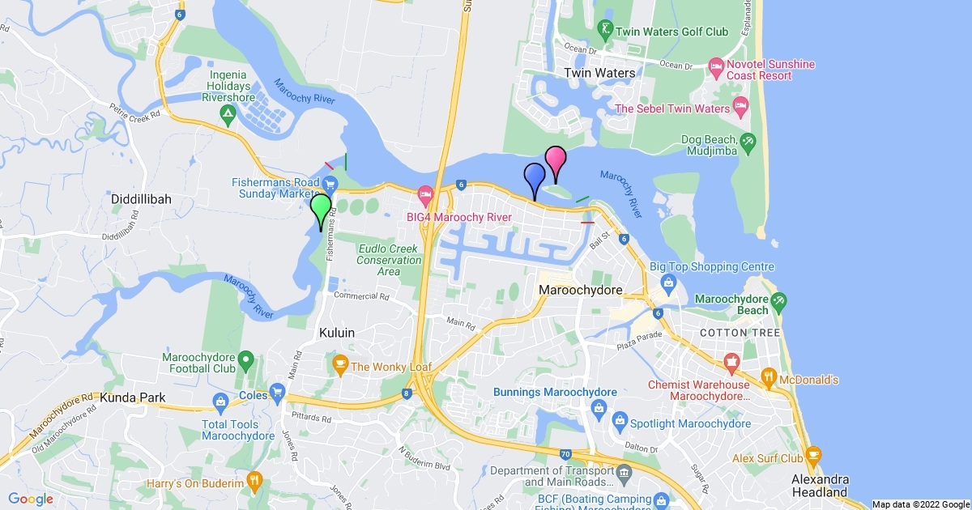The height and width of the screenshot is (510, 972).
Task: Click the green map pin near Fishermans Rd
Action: [x=322, y=208]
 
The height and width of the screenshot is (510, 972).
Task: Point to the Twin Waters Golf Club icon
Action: [x=604, y=32]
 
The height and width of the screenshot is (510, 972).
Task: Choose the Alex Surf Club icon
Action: [x=813, y=453]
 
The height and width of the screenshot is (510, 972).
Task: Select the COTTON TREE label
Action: [x=740, y=333]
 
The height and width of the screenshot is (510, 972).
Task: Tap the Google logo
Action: [x=31, y=499]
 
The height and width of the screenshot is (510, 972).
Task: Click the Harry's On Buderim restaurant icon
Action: [x=254, y=479]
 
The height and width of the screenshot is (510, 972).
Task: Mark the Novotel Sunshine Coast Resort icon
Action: [x=715, y=66]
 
